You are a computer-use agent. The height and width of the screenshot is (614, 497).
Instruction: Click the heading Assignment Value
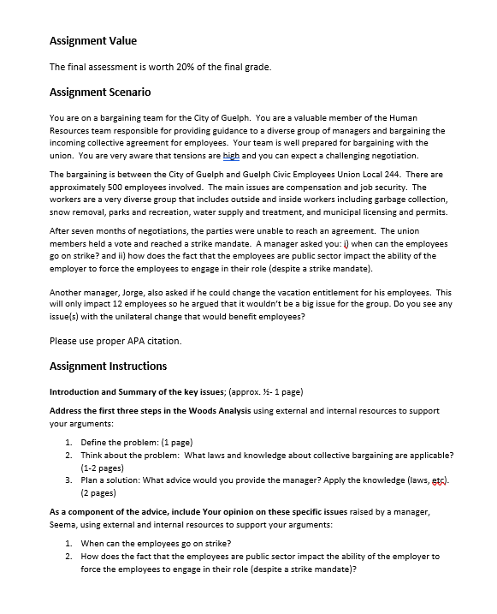pyautogui.click(x=93, y=40)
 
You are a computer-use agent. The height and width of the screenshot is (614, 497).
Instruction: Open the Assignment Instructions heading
pyautogui.click(x=108, y=366)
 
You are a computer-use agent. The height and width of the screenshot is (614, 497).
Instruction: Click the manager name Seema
pyautogui.click(x=67, y=524)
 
